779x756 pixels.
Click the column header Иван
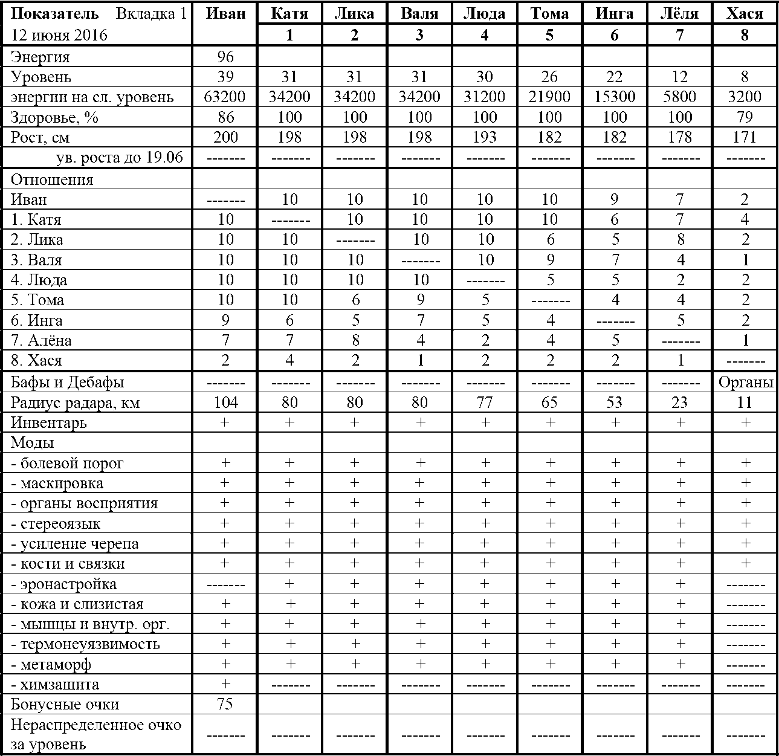pyautogui.click(x=225, y=13)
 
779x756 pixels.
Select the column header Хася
pyautogui.click(x=745, y=13)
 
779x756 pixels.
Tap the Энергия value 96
pyautogui.click(x=225, y=57)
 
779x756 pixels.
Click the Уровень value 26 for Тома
pyautogui.click(x=549, y=77)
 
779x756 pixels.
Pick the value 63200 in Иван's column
pyautogui.click(x=225, y=97)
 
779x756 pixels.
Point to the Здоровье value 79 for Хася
pyautogui.click(x=745, y=117)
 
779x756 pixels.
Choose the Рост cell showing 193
pyautogui.click(x=484, y=137)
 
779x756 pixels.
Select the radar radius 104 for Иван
pyautogui.click(x=225, y=402)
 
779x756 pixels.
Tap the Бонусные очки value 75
pyautogui.click(x=225, y=705)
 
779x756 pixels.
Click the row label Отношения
pyautogui.click(x=52, y=179)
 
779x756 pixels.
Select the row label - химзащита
pyautogui.click(x=55, y=685)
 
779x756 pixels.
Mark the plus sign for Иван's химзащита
pyautogui.click(x=225, y=684)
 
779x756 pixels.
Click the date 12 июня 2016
pyautogui.click(x=59, y=35)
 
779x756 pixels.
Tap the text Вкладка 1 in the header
pyautogui.click(x=151, y=13)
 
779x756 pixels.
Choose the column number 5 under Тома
pyautogui.click(x=549, y=35)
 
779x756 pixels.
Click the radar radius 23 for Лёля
pyautogui.click(x=679, y=402)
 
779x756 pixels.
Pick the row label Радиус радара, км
pyautogui.click(x=75, y=402)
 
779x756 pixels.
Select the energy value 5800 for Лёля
pyautogui.click(x=679, y=97)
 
